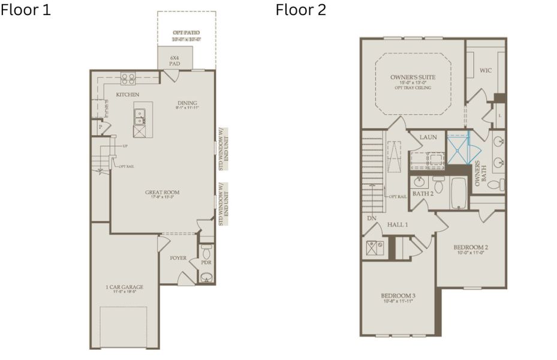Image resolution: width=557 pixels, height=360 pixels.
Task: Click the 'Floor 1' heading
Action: [x=25, y=10]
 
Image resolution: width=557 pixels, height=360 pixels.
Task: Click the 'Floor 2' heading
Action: [x=301, y=10]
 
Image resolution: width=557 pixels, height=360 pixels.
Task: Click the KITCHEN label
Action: [x=128, y=95]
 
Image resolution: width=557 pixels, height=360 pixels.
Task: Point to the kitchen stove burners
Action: [x=128, y=77]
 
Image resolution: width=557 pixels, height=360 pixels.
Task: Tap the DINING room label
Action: [x=187, y=103]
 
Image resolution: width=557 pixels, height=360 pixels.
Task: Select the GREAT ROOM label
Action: [x=162, y=193]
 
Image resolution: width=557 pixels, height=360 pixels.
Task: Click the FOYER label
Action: [x=178, y=258]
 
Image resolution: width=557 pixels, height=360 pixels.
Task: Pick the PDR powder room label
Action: [x=206, y=262]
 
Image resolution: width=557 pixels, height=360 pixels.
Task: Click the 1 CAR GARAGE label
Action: [x=124, y=287]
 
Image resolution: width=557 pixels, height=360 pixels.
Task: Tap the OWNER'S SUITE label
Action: [x=413, y=78]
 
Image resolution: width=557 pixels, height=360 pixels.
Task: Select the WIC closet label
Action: [x=486, y=71]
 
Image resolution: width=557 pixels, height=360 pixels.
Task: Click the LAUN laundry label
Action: [x=428, y=137]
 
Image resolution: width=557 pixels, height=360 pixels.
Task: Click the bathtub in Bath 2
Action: [x=460, y=193]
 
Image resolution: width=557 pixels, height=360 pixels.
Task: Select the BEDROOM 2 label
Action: [x=470, y=247]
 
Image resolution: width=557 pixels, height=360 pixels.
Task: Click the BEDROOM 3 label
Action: [x=398, y=296]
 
